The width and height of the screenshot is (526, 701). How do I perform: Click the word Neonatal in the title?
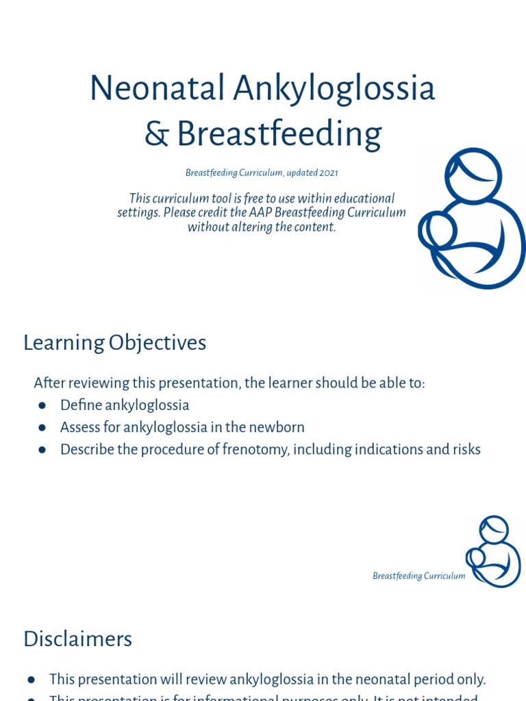[157, 88]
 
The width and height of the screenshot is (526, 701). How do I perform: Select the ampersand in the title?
[156, 134]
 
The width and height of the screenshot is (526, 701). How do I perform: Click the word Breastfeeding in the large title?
[279, 134]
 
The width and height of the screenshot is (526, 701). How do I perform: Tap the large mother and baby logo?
[472, 219]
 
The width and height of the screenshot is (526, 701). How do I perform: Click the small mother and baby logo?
[493, 551]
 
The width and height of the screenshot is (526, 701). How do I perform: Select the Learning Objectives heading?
[114, 342]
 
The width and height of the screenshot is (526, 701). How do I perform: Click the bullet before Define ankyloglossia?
[42, 405]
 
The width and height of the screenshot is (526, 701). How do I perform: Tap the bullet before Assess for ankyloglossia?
[42, 428]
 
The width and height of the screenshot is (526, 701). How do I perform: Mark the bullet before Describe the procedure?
[42, 450]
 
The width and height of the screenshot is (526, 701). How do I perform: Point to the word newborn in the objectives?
[277, 427]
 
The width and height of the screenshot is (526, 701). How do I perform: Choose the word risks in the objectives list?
[464, 450]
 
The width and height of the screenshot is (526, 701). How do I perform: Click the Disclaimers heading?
[77, 639]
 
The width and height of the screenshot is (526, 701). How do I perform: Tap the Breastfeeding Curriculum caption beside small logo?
[418, 576]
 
